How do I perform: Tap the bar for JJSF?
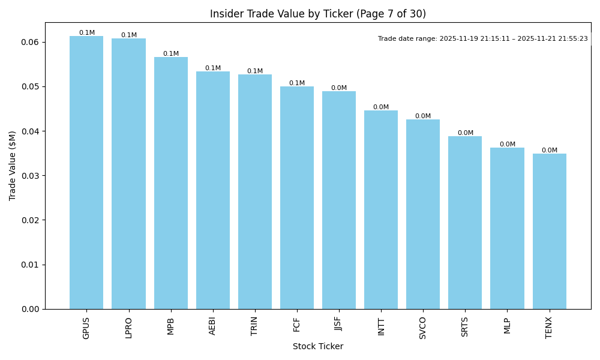pyautogui.click(x=339, y=200)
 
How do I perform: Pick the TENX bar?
pyautogui.click(x=549, y=232)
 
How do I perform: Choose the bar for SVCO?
pyautogui.click(x=423, y=214)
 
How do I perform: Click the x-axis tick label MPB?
pyautogui.click(x=171, y=326)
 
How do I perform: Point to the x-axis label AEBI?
pyautogui.click(x=213, y=326)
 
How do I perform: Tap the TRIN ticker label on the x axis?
pyautogui.click(x=255, y=326)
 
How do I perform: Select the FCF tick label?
pyautogui.click(x=297, y=325)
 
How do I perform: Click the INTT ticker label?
pyautogui.click(x=381, y=326)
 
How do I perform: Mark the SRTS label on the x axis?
pyautogui.click(x=465, y=326)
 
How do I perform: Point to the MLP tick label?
pyautogui.click(x=507, y=325)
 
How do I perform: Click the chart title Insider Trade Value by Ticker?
pyautogui.click(x=318, y=14)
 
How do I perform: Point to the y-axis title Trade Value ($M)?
pyautogui.click(x=13, y=166)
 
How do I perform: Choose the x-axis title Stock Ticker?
pyautogui.click(x=318, y=346)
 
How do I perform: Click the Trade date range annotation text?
pyautogui.click(x=483, y=38)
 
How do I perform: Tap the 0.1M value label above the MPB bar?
pyautogui.click(x=171, y=53)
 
